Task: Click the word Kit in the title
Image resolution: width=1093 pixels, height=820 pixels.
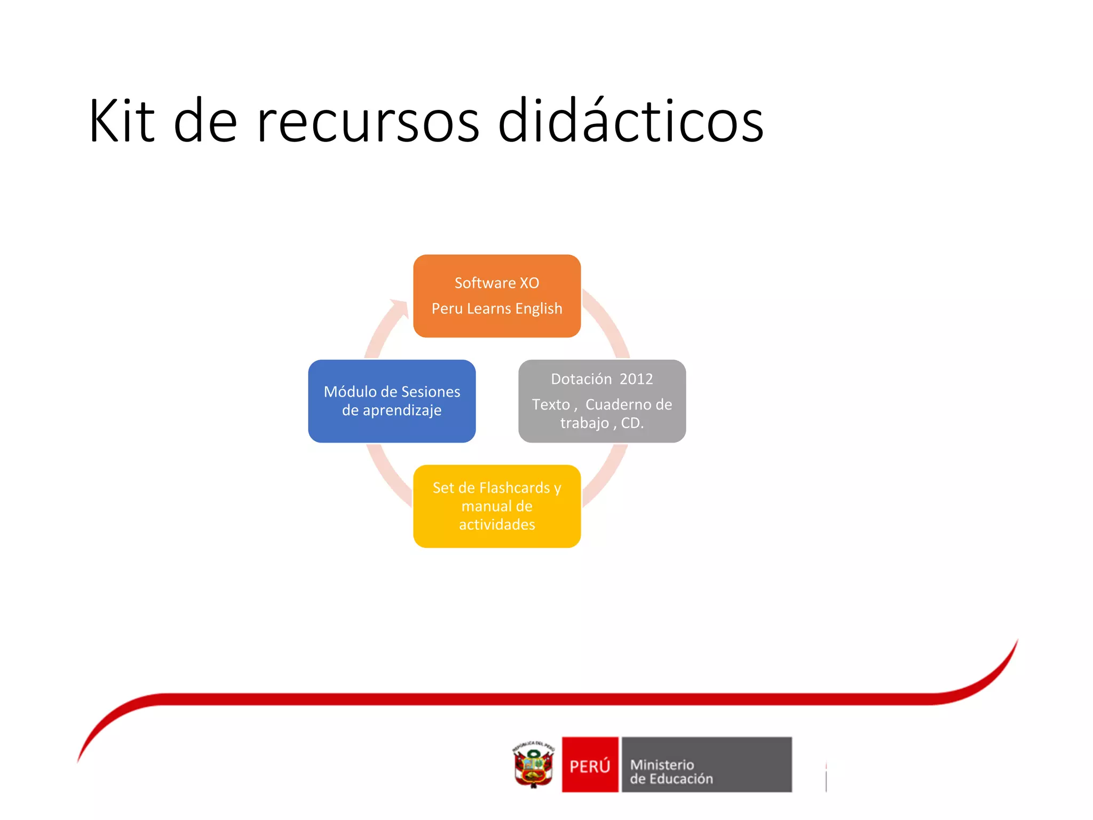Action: tap(122, 122)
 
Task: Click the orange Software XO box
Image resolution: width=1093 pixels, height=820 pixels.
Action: tap(497, 296)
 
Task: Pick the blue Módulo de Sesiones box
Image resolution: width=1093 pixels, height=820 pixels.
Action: tap(392, 401)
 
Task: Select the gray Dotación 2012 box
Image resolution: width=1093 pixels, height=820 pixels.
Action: tap(602, 401)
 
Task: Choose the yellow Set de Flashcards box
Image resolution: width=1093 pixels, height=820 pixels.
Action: tap(497, 506)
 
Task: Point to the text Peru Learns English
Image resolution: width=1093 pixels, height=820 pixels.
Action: tap(497, 309)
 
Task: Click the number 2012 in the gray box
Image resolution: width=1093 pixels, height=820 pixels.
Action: tap(636, 379)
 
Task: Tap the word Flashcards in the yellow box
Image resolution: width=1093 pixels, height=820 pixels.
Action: tap(514, 488)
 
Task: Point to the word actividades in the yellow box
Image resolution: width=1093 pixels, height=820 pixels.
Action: tap(497, 525)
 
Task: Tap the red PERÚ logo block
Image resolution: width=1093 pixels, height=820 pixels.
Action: tap(590, 764)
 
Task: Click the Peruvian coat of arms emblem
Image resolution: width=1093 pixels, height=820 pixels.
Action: tap(534, 764)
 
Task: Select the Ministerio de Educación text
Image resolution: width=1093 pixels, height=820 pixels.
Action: tap(671, 772)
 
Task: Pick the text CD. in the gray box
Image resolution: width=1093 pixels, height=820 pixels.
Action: tap(632, 423)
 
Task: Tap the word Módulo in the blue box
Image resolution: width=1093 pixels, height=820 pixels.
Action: tap(350, 392)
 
